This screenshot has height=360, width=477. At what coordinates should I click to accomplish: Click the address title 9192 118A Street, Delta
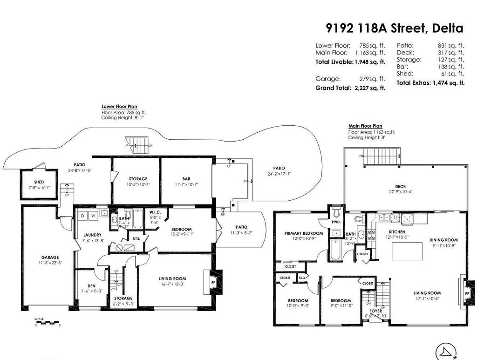point(394,28)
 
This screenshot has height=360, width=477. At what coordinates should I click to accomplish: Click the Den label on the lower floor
point(91,286)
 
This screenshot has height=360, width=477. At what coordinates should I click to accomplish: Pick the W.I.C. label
point(155,212)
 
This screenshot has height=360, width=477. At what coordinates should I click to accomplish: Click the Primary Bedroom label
point(303,233)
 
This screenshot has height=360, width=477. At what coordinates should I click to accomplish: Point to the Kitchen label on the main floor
point(397,231)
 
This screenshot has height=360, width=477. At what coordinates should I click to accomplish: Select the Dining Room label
point(443,240)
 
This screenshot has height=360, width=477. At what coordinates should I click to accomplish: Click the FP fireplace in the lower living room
point(214,282)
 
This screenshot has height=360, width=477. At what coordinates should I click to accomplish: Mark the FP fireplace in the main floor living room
point(467,294)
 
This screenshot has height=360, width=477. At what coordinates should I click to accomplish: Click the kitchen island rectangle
point(406,251)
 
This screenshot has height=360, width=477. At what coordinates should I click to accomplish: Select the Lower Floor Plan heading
point(119,107)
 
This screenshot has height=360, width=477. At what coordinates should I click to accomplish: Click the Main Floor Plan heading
point(365,126)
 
